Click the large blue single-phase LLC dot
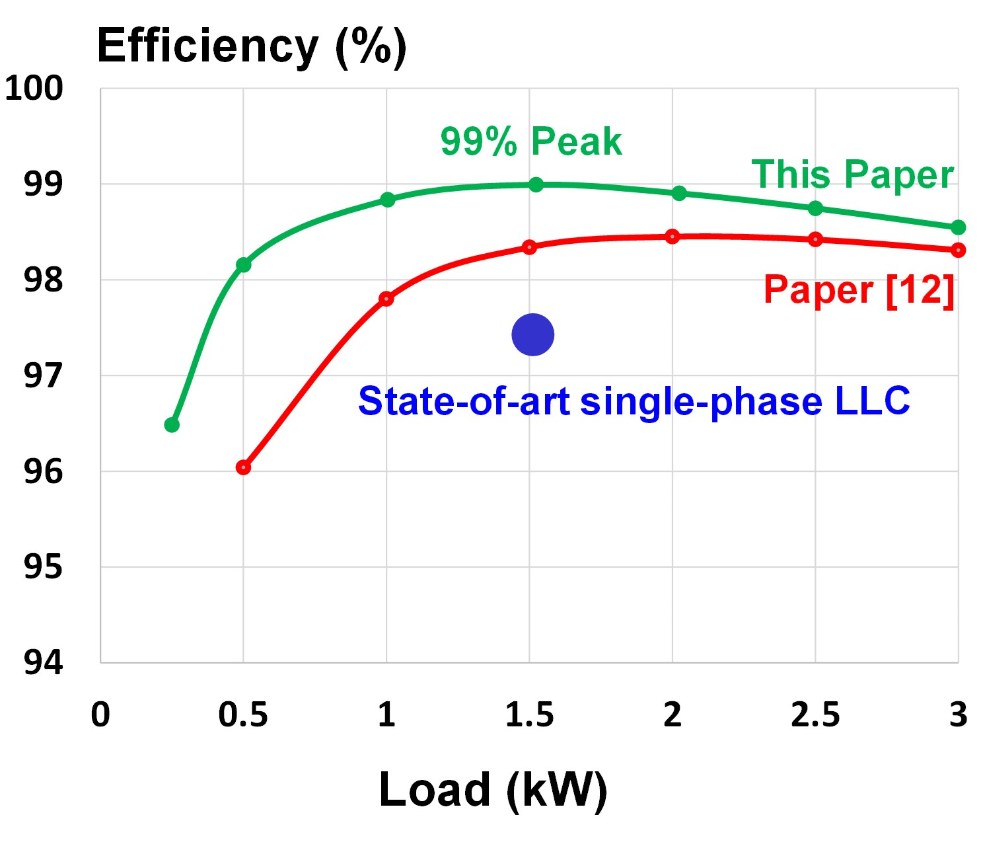532,334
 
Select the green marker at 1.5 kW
536,184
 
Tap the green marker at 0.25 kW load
172,424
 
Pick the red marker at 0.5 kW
243,467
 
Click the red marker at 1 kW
386,299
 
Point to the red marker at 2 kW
672,237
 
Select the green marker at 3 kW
958,227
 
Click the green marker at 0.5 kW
243,265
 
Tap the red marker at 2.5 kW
815,239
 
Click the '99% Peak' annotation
530,141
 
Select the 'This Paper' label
852,174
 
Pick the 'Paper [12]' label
859,289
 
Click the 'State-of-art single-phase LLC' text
634,401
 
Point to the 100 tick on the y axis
34,88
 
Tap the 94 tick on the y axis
43,662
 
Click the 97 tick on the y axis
43,375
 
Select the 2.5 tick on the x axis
815,715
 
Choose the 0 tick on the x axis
100,715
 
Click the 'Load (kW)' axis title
492,790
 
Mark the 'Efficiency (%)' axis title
252,47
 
